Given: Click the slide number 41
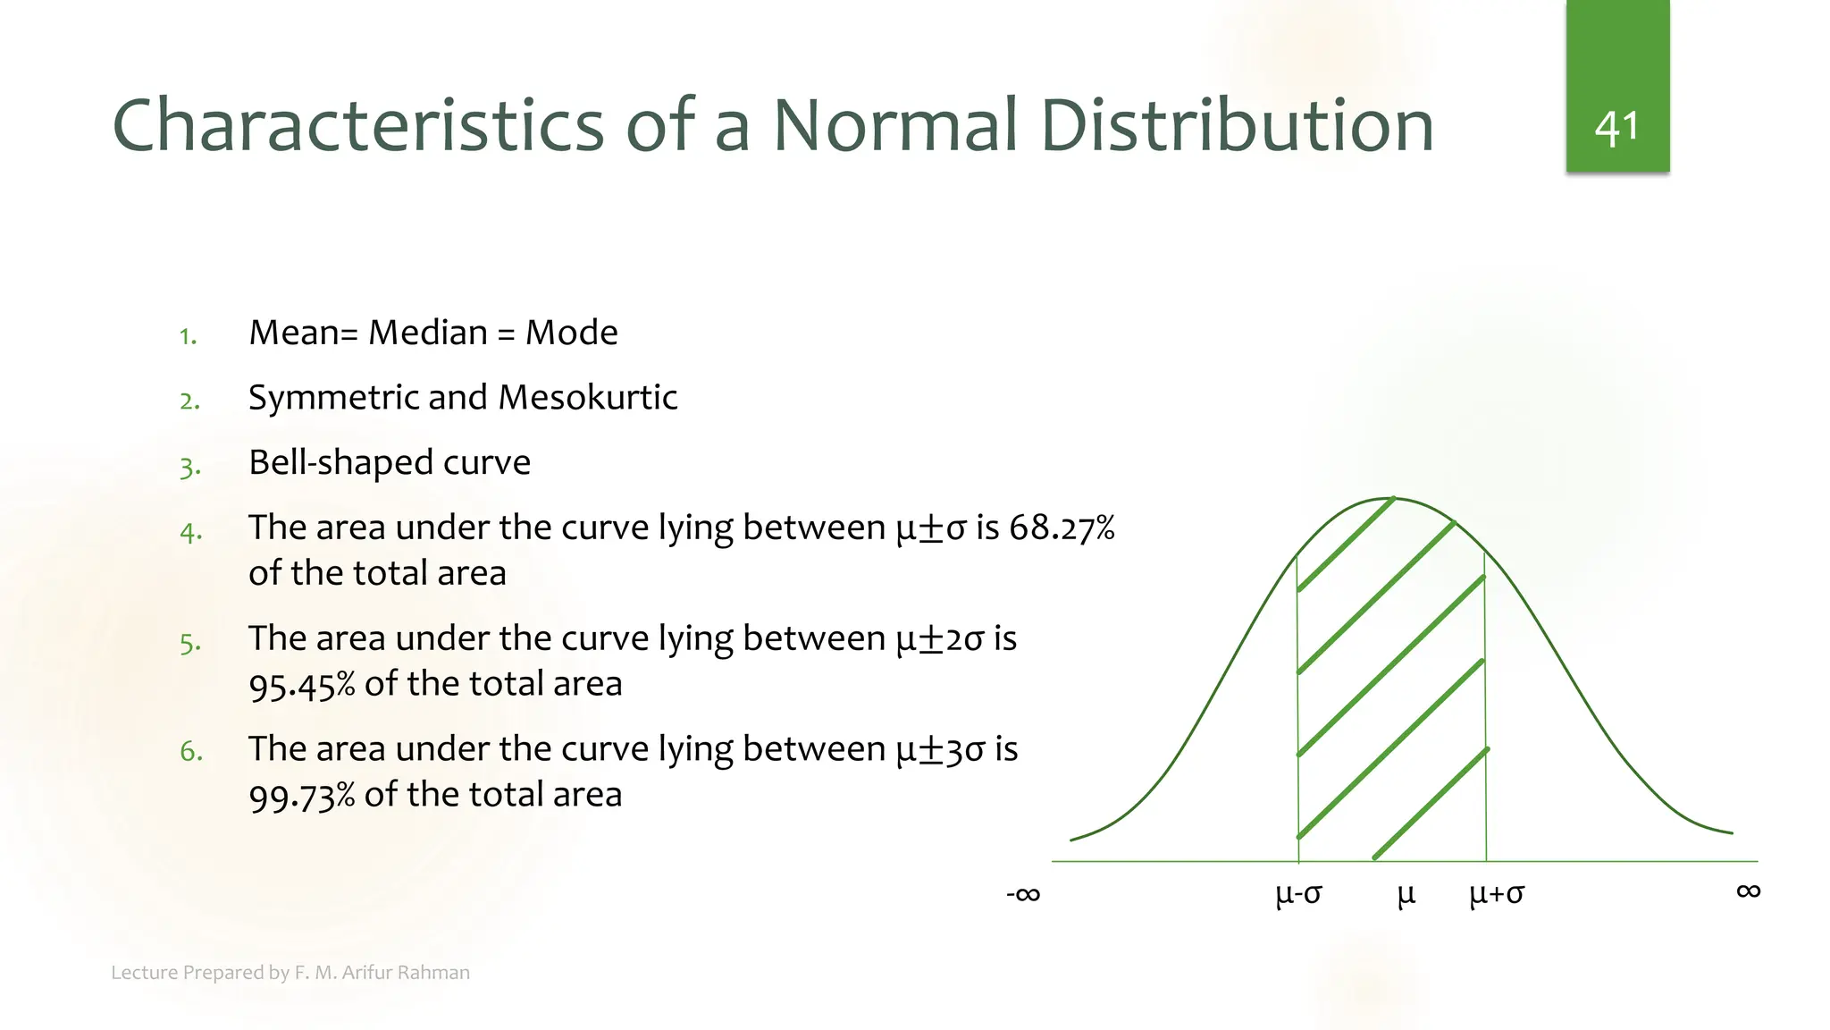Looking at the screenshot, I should point(1616,129).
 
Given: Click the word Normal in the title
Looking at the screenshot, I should point(894,125).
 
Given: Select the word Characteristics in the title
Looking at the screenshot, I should point(358,125).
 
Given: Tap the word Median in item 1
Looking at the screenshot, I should point(428,333).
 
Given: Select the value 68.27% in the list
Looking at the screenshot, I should point(1062,528).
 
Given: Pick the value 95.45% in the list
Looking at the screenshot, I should point(301,685).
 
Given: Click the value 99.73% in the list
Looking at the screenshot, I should point(301,796).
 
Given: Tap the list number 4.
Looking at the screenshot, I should point(190,533).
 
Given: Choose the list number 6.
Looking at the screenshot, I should point(191,751).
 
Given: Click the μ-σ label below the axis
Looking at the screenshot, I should point(1298,893).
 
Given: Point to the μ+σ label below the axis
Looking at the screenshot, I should point(1497,893).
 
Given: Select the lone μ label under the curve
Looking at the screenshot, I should point(1406,893).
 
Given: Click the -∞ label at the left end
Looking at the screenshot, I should point(1023,893).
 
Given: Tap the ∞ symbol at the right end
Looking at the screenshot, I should point(1748,891).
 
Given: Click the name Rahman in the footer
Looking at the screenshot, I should point(437,973).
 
